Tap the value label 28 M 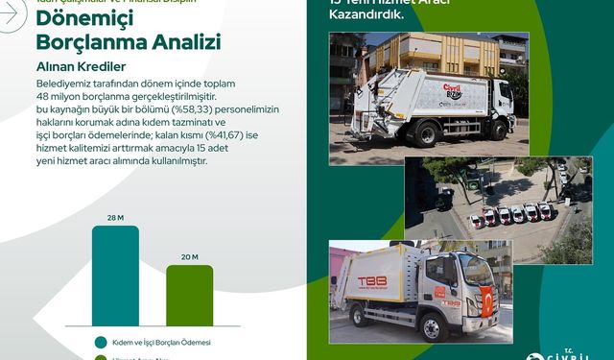[x=115, y=218]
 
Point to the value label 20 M [x=189, y=256]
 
